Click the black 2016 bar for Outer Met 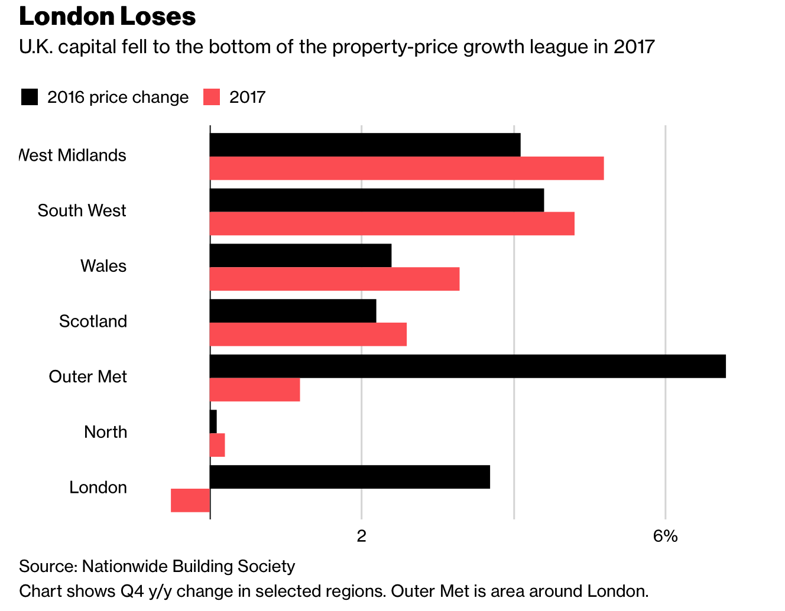coord(467,366)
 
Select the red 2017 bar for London coord(190,500)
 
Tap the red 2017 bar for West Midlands coord(407,168)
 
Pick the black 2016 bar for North coord(213,421)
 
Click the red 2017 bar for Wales coord(335,279)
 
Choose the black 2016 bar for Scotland coord(293,311)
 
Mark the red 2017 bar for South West coord(392,223)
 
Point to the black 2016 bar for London coord(350,477)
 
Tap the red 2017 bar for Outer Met coord(255,390)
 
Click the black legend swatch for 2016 coord(30,97)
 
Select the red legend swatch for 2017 coord(212,97)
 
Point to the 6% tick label coord(665,536)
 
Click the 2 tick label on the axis coord(361,536)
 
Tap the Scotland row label coord(93,321)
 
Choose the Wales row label coord(103,266)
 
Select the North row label coord(105,432)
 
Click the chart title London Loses coord(107,17)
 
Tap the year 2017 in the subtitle coord(634,47)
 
